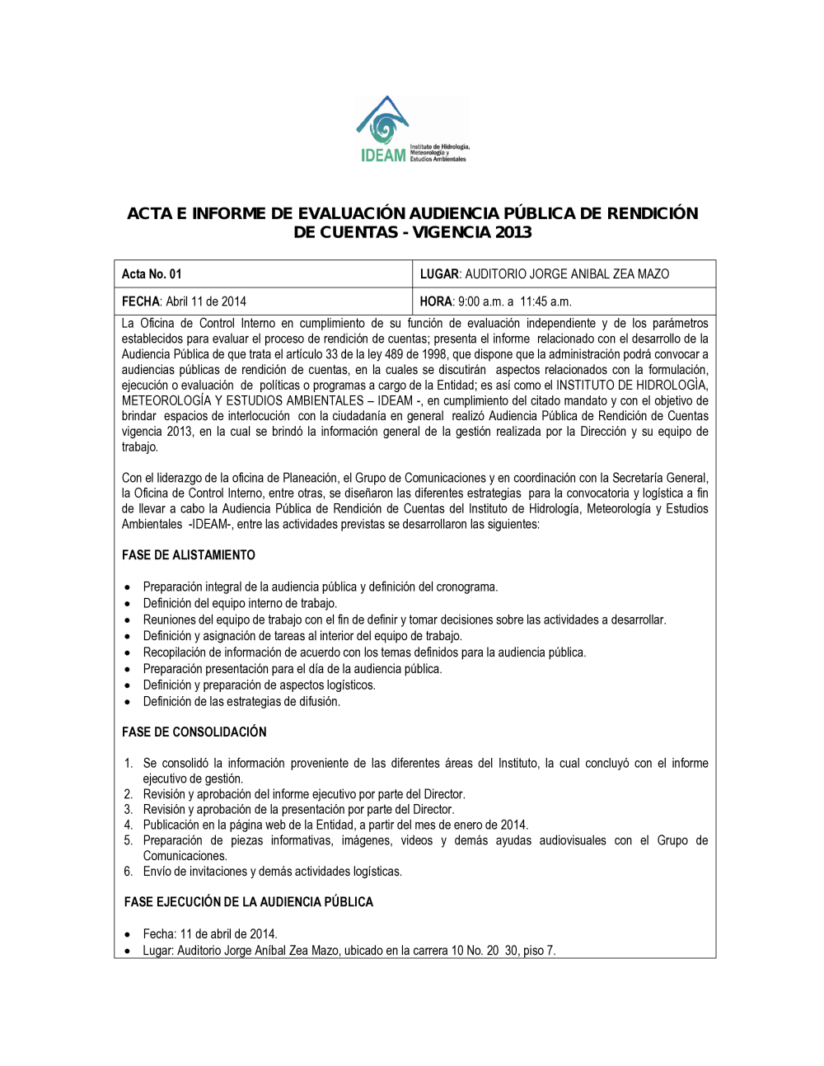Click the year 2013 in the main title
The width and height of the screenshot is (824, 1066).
(513, 232)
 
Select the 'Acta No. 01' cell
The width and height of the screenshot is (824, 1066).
(152, 274)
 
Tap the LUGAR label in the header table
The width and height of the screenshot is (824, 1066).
(439, 274)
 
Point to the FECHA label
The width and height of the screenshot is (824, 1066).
(141, 302)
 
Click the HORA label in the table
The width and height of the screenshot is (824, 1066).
(436, 302)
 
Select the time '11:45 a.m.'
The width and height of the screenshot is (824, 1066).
(545, 302)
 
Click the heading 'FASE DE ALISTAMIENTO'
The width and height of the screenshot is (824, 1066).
(189, 555)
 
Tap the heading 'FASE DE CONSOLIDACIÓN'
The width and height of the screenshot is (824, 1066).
(194, 732)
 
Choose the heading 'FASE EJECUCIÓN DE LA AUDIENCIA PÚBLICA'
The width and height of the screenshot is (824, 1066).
(249, 902)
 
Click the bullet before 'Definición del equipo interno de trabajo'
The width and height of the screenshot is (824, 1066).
(128, 604)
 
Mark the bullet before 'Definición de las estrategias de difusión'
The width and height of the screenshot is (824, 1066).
(128, 702)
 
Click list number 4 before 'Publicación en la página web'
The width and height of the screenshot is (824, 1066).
(129, 825)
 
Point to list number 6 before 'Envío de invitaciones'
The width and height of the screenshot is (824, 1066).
(129, 872)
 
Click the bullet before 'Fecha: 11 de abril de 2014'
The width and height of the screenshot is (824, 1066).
(128, 934)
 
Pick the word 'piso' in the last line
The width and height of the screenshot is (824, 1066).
(534, 951)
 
